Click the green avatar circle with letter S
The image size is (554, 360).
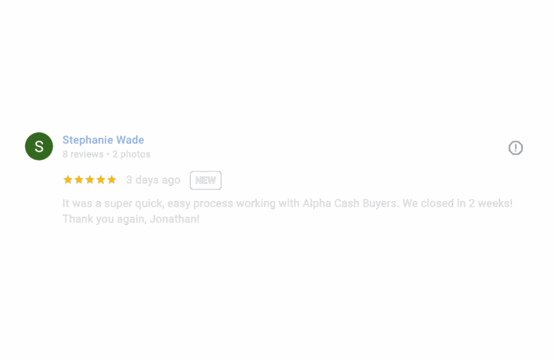point(39,146)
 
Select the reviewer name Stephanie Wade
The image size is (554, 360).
point(103,140)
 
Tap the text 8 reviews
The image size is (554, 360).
point(83,154)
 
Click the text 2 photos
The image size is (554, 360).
point(131,154)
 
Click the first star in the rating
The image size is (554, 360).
point(68,180)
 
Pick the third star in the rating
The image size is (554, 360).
point(90,180)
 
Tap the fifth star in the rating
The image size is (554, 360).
point(111,180)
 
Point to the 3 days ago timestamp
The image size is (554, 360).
point(153,180)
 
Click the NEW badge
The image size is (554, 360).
point(206,180)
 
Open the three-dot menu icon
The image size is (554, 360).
point(516,148)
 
